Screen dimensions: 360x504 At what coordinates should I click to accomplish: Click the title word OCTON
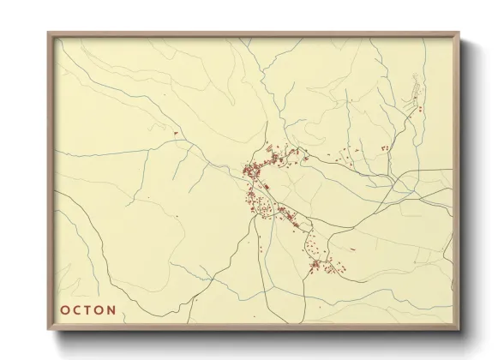click(87, 309)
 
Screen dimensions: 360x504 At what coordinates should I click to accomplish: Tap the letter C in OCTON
click(76, 309)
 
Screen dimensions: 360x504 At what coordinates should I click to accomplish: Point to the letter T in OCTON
click(87, 309)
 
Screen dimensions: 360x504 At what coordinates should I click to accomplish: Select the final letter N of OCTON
click(111, 309)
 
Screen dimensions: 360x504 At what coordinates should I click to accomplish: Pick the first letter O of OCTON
click(63, 309)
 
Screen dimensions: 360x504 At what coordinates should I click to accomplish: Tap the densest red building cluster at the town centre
click(253, 171)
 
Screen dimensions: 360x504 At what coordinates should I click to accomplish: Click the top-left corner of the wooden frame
click(49, 33)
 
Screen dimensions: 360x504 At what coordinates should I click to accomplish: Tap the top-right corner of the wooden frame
click(458, 33)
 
